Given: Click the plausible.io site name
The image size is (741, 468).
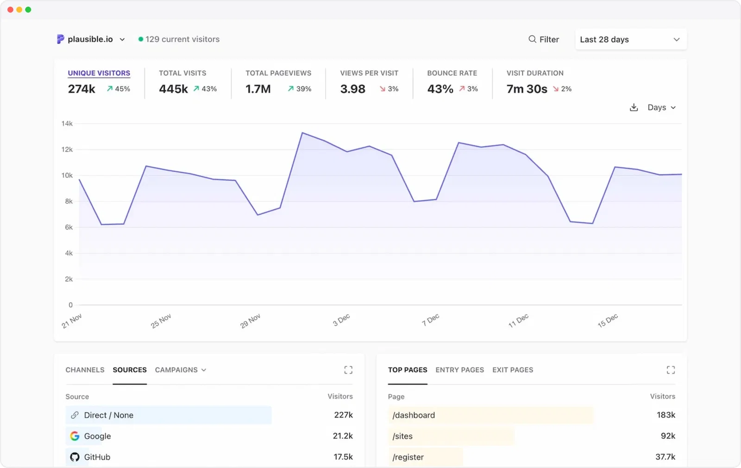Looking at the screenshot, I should pos(90,39).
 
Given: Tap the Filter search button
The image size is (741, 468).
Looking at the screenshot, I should pos(544,39).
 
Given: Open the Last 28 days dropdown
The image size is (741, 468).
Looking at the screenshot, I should pos(630,39).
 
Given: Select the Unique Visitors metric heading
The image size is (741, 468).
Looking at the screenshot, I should pos(99,73).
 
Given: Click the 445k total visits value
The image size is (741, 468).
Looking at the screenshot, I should pos(173,89).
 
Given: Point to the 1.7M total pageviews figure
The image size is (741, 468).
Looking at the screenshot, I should pos(258,89).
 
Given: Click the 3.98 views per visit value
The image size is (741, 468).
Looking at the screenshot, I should pos(352,89).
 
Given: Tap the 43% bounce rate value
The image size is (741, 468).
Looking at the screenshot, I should pos(440,89).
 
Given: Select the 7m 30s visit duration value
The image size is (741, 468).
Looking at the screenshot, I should pos(527,89).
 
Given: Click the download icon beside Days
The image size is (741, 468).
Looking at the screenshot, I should pos(634,108).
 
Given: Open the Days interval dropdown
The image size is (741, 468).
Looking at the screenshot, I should pos(661,108).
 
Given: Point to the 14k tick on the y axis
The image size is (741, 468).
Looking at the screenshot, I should pos(67,124).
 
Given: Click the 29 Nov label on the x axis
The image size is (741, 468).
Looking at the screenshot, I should pos(250,321).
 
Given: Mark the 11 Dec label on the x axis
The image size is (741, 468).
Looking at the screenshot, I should pos(518,321).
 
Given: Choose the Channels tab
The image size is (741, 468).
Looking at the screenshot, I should pos(85,370).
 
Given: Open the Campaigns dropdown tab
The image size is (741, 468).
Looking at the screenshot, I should pos(180,370).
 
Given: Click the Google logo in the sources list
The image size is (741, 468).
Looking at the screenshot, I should pos(75,436).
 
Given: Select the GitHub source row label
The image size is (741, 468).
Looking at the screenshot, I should pos(97,457).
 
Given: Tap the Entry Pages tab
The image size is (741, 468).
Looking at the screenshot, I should pos(459,370).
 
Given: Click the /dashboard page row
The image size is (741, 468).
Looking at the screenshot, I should pos(414,415).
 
